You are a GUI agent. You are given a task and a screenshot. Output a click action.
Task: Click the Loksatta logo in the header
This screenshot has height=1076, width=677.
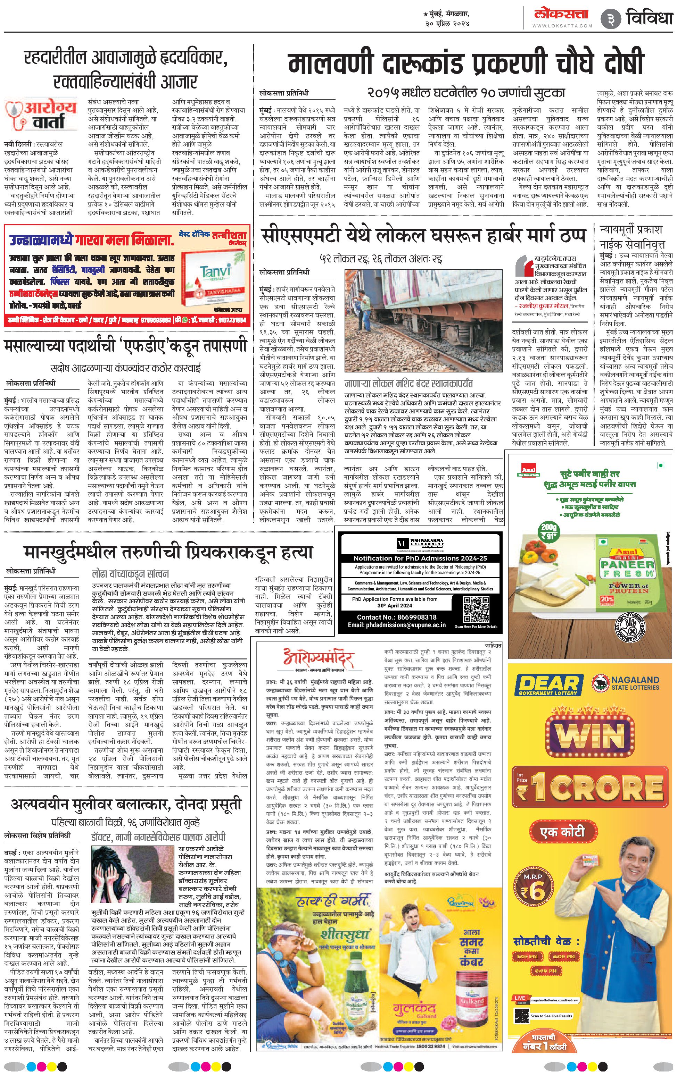coord(562,14)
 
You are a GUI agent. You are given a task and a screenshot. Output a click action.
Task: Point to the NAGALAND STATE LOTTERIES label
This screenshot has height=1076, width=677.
coord(635,683)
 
